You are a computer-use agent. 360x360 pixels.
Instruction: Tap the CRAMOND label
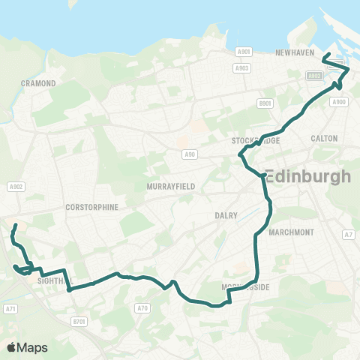click(x=39, y=83)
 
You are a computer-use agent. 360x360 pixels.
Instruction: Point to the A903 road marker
click(x=241, y=67)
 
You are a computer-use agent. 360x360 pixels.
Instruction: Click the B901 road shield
click(x=263, y=103)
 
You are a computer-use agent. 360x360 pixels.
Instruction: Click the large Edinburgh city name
click(x=308, y=177)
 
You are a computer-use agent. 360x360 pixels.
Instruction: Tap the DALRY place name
click(x=226, y=215)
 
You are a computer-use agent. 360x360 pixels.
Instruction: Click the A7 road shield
click(x=348, y=235)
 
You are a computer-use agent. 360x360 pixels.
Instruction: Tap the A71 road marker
click(x=10, y=308)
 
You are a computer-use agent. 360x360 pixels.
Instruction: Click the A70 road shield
click(x=143, y=307)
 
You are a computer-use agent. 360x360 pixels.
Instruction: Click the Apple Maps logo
click(x=27, y=347)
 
